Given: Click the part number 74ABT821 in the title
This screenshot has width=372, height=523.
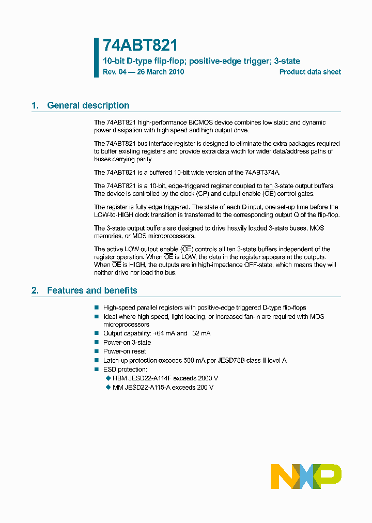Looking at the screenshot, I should coord(141,46).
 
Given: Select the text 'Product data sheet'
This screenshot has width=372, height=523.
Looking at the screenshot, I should coord(310,72).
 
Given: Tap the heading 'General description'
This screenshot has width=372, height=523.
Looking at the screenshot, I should coord(88,105).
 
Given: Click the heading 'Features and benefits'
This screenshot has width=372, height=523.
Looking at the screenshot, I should coord(92,290).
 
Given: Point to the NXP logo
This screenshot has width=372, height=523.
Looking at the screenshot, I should coord(306,476).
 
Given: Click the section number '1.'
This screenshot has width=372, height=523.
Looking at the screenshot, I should coord(35,105).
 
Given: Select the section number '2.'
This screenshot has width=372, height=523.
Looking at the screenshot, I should coord(35,290).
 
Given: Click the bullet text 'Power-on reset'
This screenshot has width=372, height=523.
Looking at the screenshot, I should coord(125,351).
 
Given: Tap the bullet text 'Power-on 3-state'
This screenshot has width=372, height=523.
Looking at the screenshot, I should coord(127,343).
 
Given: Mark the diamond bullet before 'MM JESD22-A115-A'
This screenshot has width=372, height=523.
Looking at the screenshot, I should coord(108,387).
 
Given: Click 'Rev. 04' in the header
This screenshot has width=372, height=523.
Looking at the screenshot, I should coord(114,72).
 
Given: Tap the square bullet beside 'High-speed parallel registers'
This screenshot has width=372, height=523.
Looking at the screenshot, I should coord(97,307).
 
